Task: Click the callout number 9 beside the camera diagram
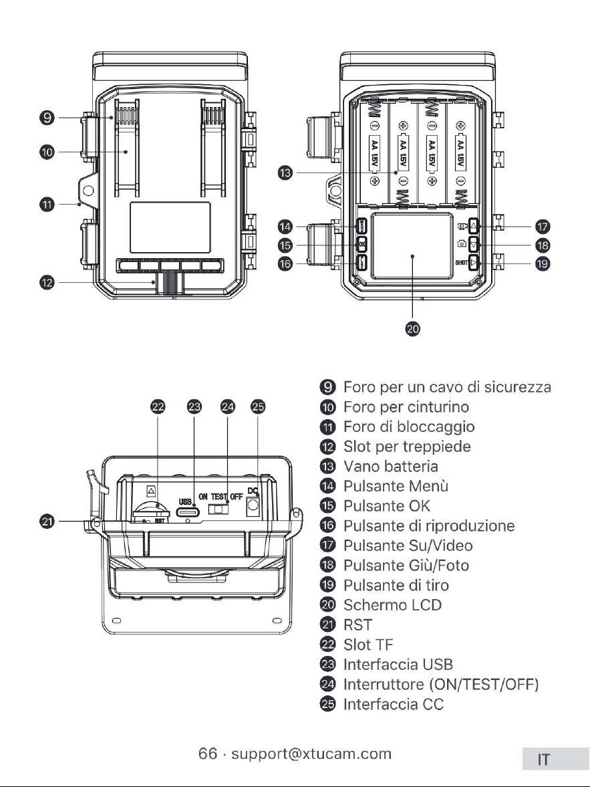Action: (x=47, y=118)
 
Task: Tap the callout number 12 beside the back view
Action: (x=47, y=283)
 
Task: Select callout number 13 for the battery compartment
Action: (x=285, y=173)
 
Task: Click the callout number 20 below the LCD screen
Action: (x=412, y=329)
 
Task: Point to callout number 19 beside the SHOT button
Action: (x=543, y=263)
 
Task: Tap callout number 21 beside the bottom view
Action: (x=47, y=522)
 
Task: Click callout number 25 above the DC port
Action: (x=258, y=407)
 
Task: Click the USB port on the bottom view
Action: (x=188, y=512)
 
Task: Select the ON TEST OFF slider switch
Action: (x=218, y=509)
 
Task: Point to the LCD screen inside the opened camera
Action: (x=412, y=246)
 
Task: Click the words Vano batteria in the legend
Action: (x=390, y=466)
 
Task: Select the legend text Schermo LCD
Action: (x=392, y=605)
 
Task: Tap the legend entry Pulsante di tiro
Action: (x=396, y=585)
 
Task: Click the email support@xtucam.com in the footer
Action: (x=311, y=754)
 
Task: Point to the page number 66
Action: (x=208, y=754)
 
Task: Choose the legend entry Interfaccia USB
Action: (x=398, y=665)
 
